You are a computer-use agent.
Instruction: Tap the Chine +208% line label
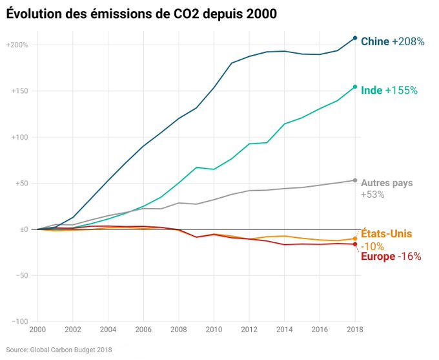tap(392, 41)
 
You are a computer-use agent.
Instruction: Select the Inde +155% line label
tap(389, 90)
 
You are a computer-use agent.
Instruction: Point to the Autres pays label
tap(387, 183)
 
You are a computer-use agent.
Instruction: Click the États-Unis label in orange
tap(386, 233)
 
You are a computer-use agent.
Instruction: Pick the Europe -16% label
tap(391, 257)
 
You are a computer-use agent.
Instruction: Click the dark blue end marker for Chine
tap(355, 38)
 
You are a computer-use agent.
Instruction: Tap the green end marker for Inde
tap(355, 87)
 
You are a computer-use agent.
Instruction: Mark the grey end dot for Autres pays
tap(355, 180)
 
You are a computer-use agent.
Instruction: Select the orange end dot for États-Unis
tap(355, 238)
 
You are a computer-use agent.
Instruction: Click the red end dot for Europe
tap(355, 244)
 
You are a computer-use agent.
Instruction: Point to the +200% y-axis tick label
tap(17, 45)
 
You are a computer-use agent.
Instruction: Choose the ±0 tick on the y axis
tap(23, 229)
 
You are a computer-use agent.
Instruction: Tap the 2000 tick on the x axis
tap(37, 330)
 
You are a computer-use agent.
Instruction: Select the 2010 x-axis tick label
tap(214, 330)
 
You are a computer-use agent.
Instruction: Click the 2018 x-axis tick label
tap(355, 330)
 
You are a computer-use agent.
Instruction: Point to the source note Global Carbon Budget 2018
tap(59, 350)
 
